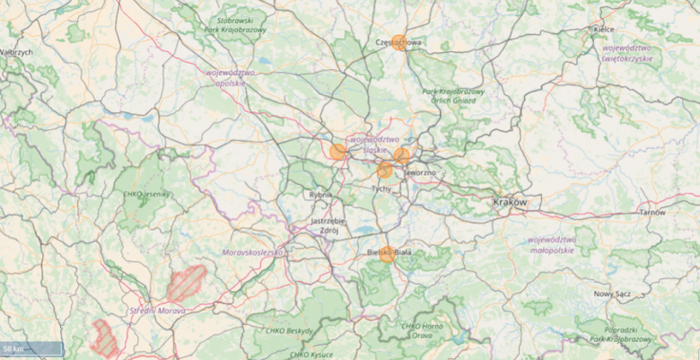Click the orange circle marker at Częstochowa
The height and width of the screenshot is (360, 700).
coord(400,42)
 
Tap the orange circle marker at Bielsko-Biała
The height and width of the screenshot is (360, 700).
coord(387,254)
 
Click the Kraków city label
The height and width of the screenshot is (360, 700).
coord(510,203)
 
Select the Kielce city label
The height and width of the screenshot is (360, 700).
coord(604,30)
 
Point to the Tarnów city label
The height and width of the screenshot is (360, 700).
coord(652,213)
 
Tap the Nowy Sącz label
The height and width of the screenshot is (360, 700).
coord(613,294)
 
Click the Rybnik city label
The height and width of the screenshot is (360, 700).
coord(321,195)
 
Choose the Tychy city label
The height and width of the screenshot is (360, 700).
coord(381,189)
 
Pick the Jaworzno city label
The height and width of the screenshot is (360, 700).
coord(419,172)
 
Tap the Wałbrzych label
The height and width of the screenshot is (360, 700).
coord(16,52)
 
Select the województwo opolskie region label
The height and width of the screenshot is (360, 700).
coord(231,77)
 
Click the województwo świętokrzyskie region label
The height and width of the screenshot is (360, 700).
coord(626,52)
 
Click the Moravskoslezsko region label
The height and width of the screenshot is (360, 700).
coord(252,253)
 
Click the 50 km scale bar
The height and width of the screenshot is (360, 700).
coord(31,348)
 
